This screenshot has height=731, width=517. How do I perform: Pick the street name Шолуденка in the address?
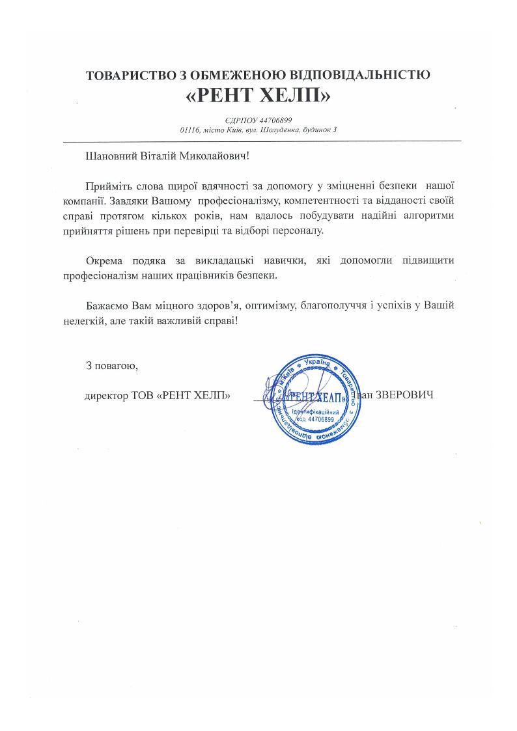point(279,130)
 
